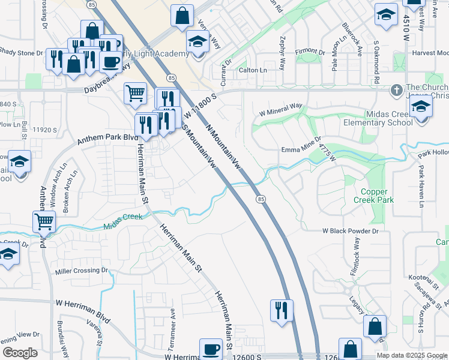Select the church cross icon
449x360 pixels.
pyautogui.click(x=396, y=91)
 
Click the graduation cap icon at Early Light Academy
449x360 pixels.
pyautogui.click(x=196, y=42)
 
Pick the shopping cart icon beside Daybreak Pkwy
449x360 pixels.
pyautogui.click(x=135, y=93)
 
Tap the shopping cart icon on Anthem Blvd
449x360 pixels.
pyautogui.click(x=44, y=221)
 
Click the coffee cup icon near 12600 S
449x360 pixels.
pyautogui.click(x=211, y=349)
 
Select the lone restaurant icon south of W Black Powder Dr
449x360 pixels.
pyautogui.click(x=282, y=310)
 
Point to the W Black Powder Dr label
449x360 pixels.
pyautogui.click(x=351, y=230)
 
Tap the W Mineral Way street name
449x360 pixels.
pyautogui.click(x=280, y=107)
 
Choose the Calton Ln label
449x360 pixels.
pyautogui.click(x=253, y=70)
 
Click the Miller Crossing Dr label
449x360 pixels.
pyautogui.click(x=82, y=271)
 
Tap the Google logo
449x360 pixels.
pyautogui.click(x=20, y=353)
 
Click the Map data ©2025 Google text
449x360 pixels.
pyautogui.click(x=412, y=355)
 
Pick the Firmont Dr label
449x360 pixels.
pyautogui.click(x=309, y=51)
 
